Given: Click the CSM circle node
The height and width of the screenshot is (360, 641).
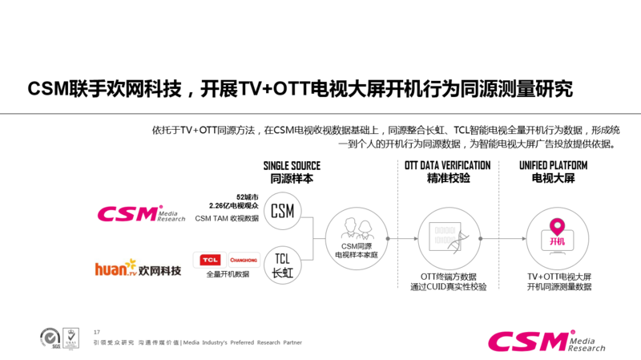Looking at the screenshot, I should coord(282,211).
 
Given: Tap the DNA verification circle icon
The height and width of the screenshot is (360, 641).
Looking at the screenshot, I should coord(448,238).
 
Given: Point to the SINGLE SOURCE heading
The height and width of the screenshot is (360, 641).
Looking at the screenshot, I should coord(292,166).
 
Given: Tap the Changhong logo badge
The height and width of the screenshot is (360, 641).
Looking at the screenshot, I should coord(244,260).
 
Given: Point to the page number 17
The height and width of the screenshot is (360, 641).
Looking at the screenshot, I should coord(97,332).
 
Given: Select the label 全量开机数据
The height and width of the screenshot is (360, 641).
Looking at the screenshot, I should coord(228,274).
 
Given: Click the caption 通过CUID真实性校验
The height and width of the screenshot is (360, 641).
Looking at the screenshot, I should coord(448,286).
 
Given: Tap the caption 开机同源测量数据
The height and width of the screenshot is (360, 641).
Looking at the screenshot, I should coord(559,286).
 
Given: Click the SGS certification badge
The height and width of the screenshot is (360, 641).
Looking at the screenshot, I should coord(50,336).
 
